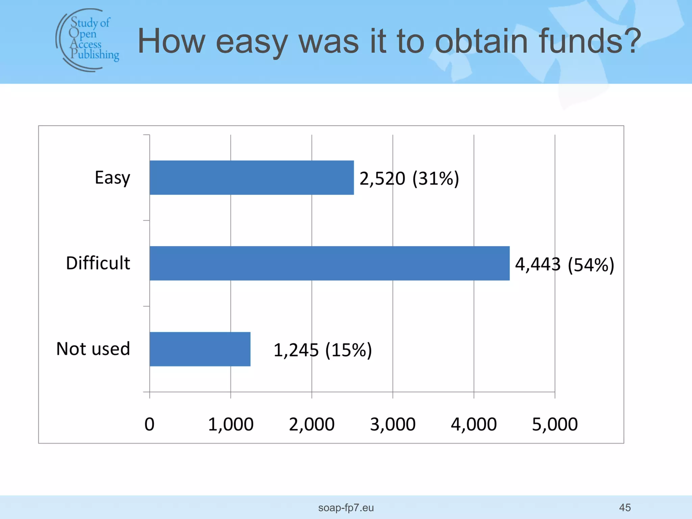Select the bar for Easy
click(252, 178)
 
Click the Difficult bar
click(329, 263)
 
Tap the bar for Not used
click(200, 349)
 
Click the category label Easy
click(112, 178)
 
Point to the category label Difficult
click(98, 263)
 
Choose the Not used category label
click(93, 349)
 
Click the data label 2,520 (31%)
click(409, 178)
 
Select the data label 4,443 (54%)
click(564, 264)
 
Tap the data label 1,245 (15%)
click(322, 350)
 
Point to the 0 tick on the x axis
click(149, 424)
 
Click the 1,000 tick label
click(231, 424)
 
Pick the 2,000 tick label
click(312, 424)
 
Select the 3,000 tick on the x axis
click(393, 424)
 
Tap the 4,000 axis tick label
click(474, 424)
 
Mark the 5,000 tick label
click(555, 424)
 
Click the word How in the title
click(171, 41)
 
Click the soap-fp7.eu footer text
click(346, 508)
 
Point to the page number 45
click(625, 508)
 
